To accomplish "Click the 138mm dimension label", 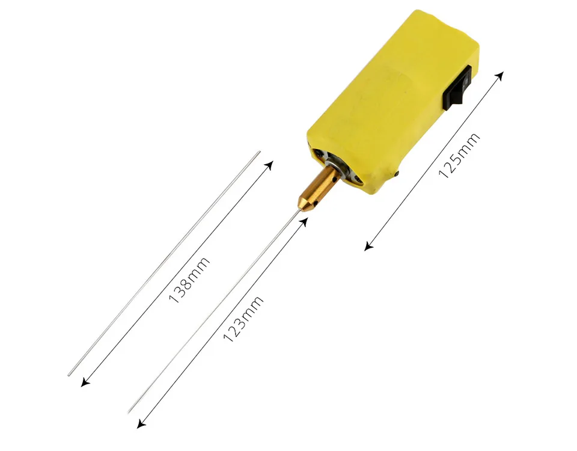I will click(x=190, y=280).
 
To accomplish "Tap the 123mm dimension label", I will click(x=243, y=319).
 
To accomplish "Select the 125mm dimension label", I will click(x=460, y=156).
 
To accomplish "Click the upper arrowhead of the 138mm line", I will click(x=270, y=164).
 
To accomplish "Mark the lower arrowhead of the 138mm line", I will click(x=83, y=383).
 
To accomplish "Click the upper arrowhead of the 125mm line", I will click(x=501, y=74).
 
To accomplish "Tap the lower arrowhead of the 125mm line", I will click(x=368, y=246).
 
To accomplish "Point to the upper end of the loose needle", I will click(x=259, y=152).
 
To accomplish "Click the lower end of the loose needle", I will click(x=69, y=375).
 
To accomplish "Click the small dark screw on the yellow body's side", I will click(x=398, y=174).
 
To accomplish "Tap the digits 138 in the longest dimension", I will click(x=181, y=291).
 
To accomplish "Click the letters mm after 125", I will click(x=471, y=144).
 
